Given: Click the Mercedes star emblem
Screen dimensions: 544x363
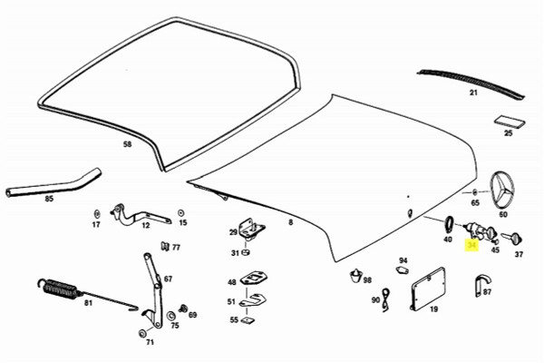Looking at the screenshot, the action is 503,192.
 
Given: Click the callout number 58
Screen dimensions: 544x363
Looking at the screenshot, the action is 128,144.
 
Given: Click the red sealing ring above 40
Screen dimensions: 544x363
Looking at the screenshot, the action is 448,222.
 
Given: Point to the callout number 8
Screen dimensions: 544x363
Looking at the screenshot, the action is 290,221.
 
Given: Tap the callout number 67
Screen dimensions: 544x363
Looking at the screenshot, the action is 168,280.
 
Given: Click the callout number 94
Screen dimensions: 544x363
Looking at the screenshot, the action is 403,260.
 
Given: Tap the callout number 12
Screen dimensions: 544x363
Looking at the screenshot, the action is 145,226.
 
